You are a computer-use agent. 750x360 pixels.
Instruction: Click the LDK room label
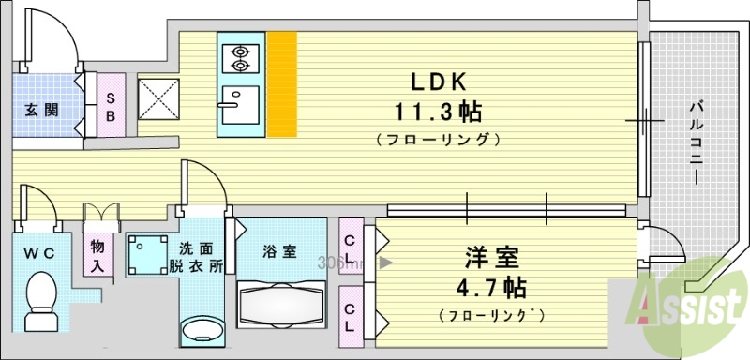click(436, 81)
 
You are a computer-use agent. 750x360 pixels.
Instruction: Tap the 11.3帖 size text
click(438, 112)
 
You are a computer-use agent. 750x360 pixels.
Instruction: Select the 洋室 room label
click(490, 256)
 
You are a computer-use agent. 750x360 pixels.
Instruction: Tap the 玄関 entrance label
click(41, 108)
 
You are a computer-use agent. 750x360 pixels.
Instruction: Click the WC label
click(39, 252)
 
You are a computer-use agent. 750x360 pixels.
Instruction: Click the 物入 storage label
click(97, 256)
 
